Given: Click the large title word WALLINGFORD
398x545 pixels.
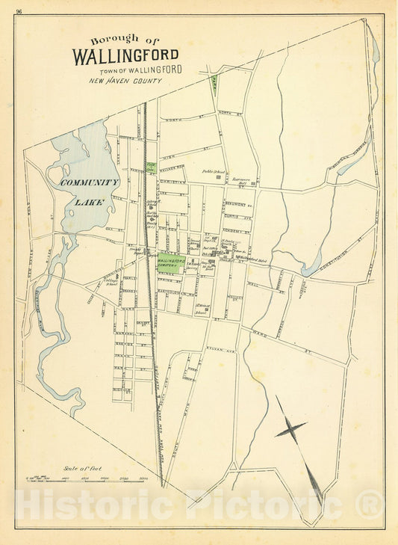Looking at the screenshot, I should pyautogui.click(x=125, y=55).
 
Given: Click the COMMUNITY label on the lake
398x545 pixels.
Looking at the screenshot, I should pyautogui.click(x=90, y=182).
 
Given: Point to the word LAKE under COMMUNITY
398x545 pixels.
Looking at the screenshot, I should pyautogui.click(x=90, y=201).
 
